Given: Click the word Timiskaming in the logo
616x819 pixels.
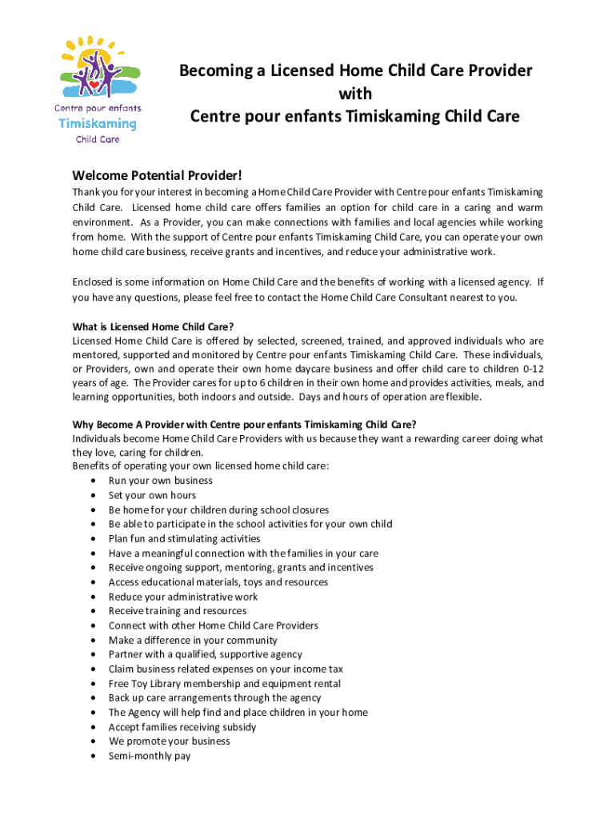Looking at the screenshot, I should click(x=98, y=123).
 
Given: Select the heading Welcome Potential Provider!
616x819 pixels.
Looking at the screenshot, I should click(x=156, y=175).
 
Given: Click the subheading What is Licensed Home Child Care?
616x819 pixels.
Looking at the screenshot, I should click(x=153, y=326).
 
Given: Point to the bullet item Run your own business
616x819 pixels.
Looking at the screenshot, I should click(x=160, y=481).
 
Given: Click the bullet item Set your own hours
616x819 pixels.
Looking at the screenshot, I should click(x=152, y=495).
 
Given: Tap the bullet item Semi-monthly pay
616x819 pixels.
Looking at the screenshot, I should click(x=150, y=756).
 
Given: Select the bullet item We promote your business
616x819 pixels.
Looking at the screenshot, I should click(x=169, y=741).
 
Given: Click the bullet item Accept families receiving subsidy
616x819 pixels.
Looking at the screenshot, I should click(x=182, y=727).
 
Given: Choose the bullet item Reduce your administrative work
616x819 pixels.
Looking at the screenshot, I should click(x=183, y=597).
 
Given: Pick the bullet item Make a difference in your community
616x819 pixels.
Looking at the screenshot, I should click(x=193, y=640).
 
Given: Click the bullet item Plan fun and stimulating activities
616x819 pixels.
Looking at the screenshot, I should click(x=184, y=538).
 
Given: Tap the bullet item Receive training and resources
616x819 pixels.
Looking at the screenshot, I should click(x=178, y=611).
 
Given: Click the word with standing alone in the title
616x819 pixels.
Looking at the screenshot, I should click(x=355, y=94).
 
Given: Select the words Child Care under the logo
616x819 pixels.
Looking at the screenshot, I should click(x=98, y=139).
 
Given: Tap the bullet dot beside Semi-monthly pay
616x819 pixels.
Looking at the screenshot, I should click(x=95, y=756).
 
